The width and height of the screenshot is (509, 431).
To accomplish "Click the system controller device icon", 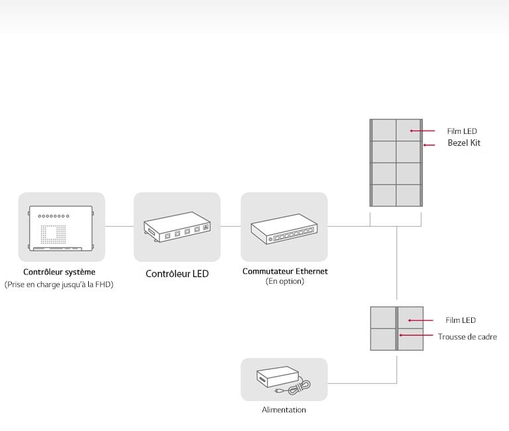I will pyautogui.click(x=61, y=228).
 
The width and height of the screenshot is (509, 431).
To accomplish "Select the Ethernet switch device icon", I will pyautogui.click(x=284, y=228).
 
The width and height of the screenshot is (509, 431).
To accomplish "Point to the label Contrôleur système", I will pyautogui.click(x=59, y=272).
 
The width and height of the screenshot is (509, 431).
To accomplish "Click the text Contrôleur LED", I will pyautogui.click(x=177, y=273).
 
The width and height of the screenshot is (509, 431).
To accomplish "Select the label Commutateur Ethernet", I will pyautogui.click(x=285, y=271).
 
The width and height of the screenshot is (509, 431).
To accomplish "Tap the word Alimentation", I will pyautogui.click(x=284, y=410).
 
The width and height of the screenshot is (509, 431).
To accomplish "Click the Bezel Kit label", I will pyautogui.click(x=464, y=143).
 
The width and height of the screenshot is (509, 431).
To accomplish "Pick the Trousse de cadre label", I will pyautogui.click(x=467, y=337).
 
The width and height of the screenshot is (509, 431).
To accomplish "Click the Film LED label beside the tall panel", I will pyautogui.click(x=461, y=131).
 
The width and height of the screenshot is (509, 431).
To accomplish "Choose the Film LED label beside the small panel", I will pyautogui.click(x=461, y=320).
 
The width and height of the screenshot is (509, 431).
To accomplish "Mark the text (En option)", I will pyautogui.click(x=284, y=281).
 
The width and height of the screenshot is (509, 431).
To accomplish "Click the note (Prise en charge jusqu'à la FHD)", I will pyautogui.click(x=59, y=284).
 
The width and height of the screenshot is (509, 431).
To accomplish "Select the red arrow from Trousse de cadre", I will pyautogui.click(x=416, y=335).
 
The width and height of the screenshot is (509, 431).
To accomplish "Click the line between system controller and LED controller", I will pyautogui.click(x=119, y=226).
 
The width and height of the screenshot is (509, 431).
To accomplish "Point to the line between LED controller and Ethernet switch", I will pyautogui.click(x=231, y=226).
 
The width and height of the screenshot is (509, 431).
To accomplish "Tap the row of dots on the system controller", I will pyautogui.click(x=52, y=216).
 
